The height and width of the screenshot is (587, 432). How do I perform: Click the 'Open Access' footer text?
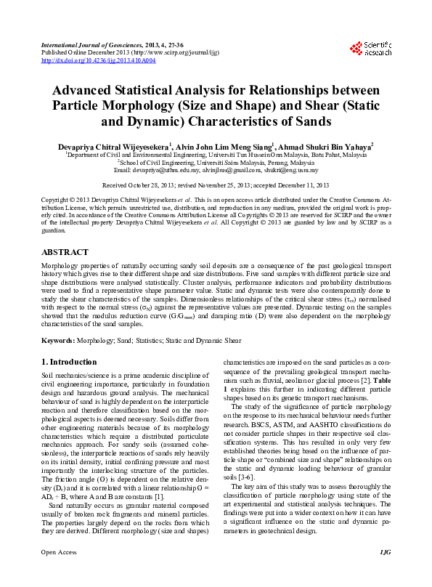tap(57, 572)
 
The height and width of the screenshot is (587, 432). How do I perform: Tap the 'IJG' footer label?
tap(385, 572)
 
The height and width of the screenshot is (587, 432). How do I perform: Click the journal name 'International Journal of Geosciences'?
tap(91, 45)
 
